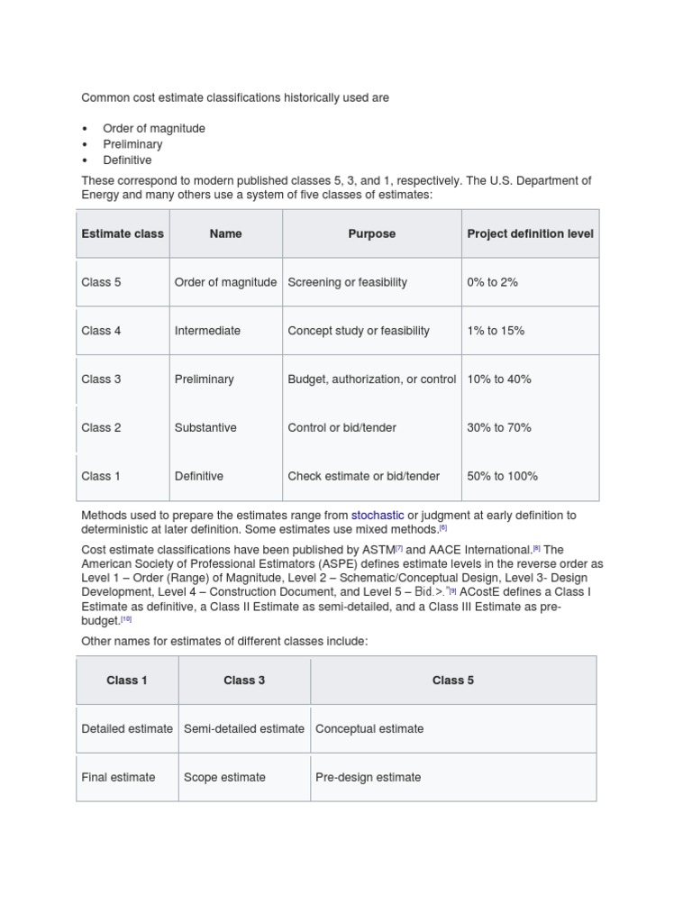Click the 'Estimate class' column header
123,233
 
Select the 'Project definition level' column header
530,233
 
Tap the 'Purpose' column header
371,233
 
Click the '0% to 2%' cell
492,282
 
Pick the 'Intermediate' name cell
207,331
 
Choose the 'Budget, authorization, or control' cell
371,379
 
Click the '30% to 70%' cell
498,427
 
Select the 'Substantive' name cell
205,427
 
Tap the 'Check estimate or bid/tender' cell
364,476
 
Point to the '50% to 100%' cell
502,476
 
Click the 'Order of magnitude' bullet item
154,128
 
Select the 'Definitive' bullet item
127,160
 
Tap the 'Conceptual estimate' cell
369,728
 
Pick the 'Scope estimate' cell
224,777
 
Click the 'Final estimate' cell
118,777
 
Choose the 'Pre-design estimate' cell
368,777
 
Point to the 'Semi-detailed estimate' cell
244,728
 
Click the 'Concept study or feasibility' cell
359,331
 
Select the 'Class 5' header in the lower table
452,681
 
